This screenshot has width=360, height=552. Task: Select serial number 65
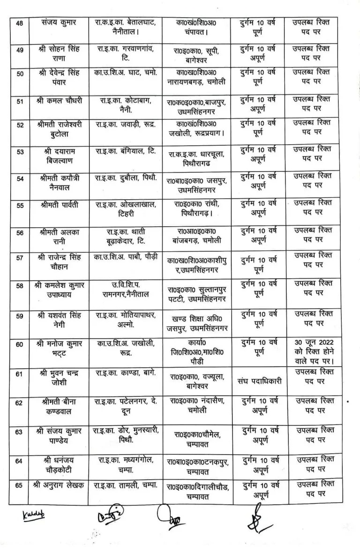click(x=19, y=485)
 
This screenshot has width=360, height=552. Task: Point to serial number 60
click(x=19, y=345)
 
